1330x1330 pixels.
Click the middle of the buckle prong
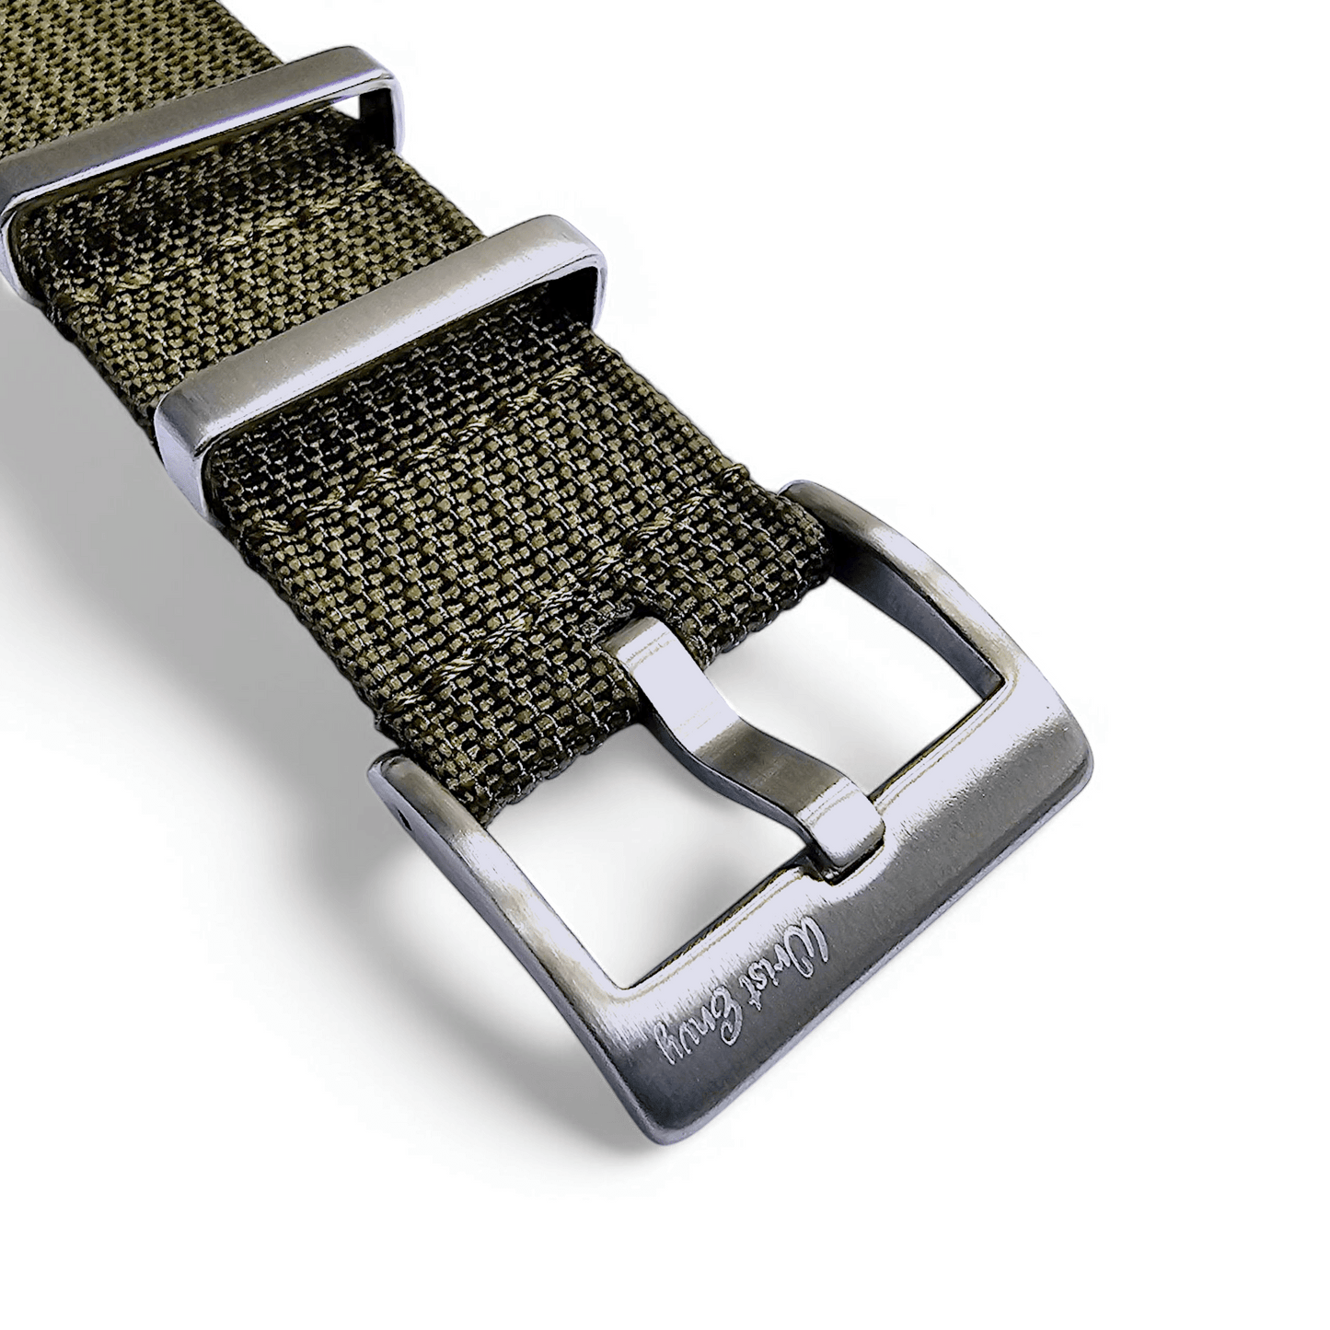[736, 727]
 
